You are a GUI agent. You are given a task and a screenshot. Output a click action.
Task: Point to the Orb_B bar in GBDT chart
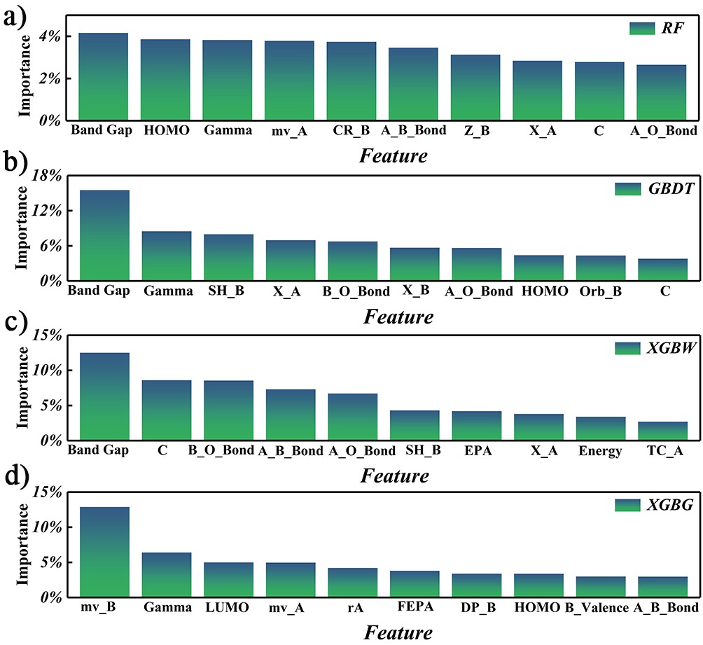(x=601, y=268)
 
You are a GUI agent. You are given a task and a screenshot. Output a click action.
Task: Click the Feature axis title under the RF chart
(x=394, y=155)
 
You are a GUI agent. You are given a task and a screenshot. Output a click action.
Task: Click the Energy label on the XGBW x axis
(x=600, y=451)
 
